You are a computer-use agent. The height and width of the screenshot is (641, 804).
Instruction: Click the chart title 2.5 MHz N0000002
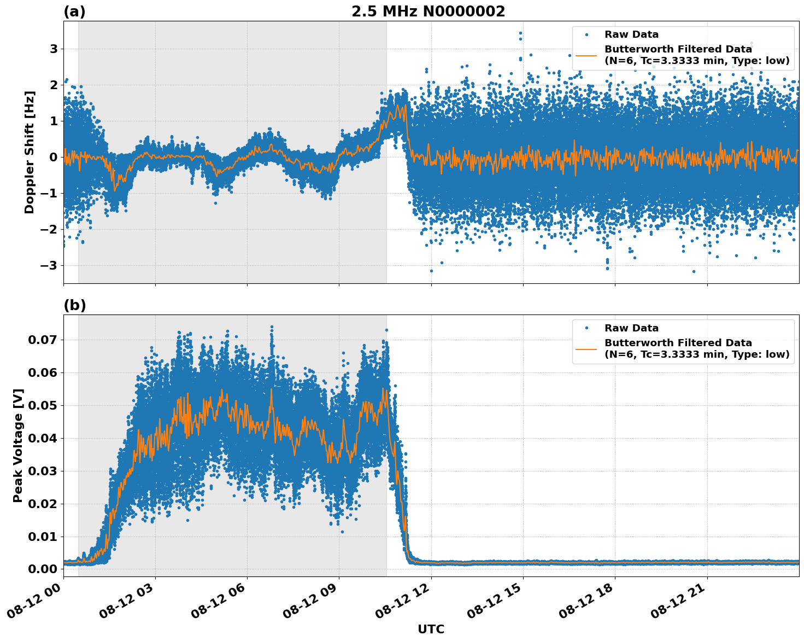pos(428,11)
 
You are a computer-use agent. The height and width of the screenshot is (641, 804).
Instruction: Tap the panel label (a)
pos(74,11)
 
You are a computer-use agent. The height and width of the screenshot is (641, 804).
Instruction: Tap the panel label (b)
pos(74,305)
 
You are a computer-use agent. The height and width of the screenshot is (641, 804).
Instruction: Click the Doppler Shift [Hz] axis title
pos(30,152)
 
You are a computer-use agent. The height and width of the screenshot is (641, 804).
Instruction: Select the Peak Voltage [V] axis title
pos(18,446)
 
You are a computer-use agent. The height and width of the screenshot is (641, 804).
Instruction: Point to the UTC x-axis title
pos(431,629)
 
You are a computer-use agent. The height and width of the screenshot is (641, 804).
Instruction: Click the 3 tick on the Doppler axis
pos(54,49)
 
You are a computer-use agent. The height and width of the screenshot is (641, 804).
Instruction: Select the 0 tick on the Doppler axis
pos(54,158)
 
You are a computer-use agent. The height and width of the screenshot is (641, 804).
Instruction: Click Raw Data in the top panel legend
pos(631,34)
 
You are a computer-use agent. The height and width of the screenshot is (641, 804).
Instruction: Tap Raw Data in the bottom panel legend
pos(631,328)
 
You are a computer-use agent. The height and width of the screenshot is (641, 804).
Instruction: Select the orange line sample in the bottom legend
pos(586,348)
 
